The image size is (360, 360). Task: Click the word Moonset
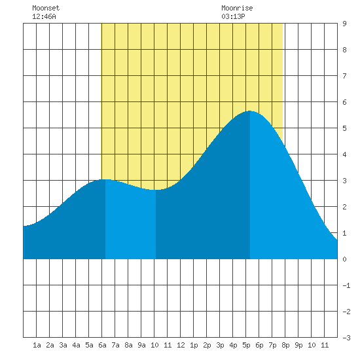46,8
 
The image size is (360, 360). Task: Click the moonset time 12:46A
44,16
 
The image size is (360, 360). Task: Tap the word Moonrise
237,8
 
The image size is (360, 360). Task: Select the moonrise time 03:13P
233,16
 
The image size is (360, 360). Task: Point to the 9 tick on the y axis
344,24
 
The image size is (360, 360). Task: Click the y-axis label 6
344,102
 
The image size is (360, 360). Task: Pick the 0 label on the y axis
344,259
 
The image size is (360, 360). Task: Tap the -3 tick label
346,338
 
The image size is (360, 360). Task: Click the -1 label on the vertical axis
346,285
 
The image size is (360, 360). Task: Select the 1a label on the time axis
37,345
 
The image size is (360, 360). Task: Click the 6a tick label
102,345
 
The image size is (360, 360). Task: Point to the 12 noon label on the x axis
181,345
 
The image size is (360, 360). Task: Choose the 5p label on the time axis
246,345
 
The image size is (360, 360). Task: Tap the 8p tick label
285,345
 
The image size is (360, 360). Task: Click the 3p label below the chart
220,345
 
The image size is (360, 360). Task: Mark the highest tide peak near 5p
250,111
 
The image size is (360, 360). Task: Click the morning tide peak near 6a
105,179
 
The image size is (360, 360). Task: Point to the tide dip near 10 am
156,190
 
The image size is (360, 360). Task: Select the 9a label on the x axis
141,345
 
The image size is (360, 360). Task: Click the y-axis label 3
344,181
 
